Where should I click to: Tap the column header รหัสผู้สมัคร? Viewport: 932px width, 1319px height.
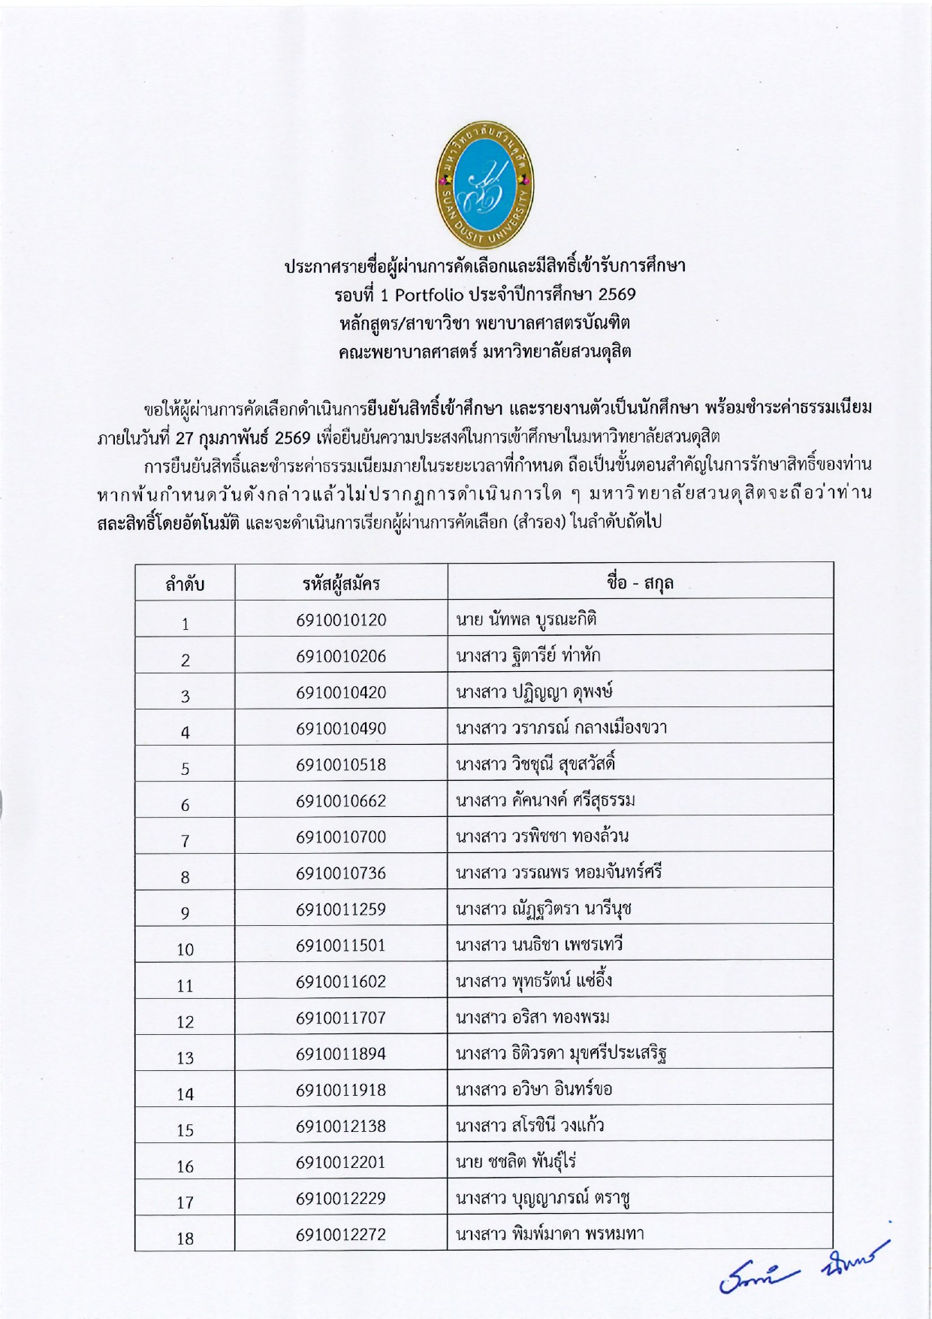pyautogui.click(x=341, y=583)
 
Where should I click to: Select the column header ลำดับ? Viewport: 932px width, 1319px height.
pyautogui.click(x=185, y=584)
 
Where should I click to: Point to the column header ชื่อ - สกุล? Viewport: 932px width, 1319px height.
pyautogui.click(x=640, y=582)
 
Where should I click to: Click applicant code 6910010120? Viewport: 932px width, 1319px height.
pyautogui.click(x=341, y=620)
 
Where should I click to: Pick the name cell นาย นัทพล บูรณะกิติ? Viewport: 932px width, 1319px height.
pyautogui.click(x=526, y=620)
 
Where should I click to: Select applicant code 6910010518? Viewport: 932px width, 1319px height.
pyautogui.click(x=341, y=764)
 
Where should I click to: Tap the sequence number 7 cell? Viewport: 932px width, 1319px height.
pyautogui.click(x=185, y=841)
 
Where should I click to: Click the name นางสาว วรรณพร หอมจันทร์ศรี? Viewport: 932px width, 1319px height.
pyautogui.click(x=559, y=873)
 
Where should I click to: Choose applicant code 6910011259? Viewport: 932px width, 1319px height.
pyautogui.click(x=341, y=909)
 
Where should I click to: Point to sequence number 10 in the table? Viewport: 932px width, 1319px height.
pyautogui.click(x=185, y=949)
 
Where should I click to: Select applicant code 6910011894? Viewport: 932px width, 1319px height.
pyautogui.click(x=341, y=1054)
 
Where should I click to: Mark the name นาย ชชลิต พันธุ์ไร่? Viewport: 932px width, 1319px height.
pyautogui.click(x=516, y=1162)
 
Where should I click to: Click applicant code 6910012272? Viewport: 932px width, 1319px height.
pyautogui.click(x=341, y=1234)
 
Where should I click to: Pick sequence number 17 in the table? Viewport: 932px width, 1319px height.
pyautogui.click(x=185, y=1203)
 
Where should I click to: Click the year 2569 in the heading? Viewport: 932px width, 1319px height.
pyautogui.click(x=617, y=294)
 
